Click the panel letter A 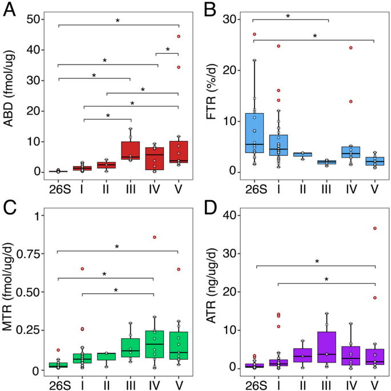pos(9,10)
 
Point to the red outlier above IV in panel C pos(154,237)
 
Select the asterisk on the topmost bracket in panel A pos(118,21)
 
